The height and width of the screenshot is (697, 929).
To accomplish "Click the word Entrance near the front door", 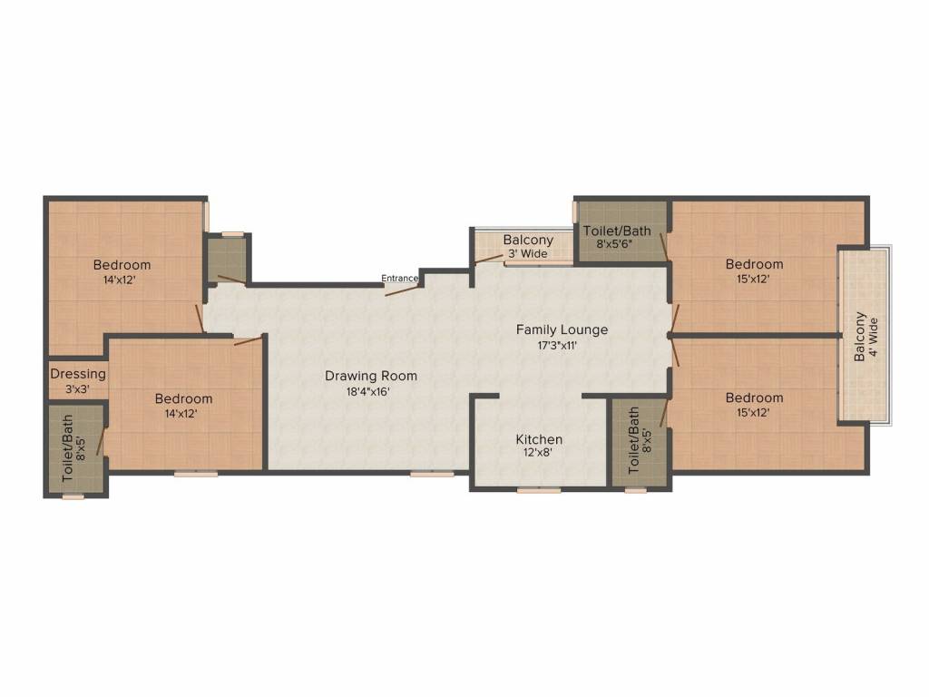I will pyautogui.click(x=399, y=279).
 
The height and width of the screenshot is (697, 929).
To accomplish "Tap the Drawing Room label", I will pyautogui.click(x=371, y=376).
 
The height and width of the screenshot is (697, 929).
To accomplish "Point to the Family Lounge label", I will pyautogui.click(x=562, y=329).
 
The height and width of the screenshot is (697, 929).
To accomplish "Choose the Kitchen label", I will pyautogui.click(x=539, y=439).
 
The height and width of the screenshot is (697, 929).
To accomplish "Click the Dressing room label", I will pyautogui.click(x=78, y=374).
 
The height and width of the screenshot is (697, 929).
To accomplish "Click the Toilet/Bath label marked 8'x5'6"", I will pyautogui.click(x=617, y=231).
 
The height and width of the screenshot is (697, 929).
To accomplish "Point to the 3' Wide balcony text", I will pyautogui.click(x=527, y=254).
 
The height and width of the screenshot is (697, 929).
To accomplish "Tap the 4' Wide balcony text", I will pyautogui.click(x=873, y=338).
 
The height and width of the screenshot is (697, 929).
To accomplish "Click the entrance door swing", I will pyautogui.click(x=402, y=290).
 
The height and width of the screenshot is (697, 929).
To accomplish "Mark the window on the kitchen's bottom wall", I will pyautogui.click(x=539, y=490).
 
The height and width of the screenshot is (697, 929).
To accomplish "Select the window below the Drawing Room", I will pyautogui.click(x=432, y=474).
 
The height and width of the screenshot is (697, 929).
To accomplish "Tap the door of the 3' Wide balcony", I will pyautogui.click(x=488, y=259).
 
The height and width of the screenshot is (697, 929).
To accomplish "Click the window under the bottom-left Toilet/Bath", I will pyautogui.click(x=73, y=496).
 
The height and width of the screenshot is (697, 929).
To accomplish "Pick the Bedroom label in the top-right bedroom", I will pyautogui.click(x=754, y=264).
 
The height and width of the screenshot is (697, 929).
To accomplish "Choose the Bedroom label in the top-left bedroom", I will pyautogui.click(x=122, y=265).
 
